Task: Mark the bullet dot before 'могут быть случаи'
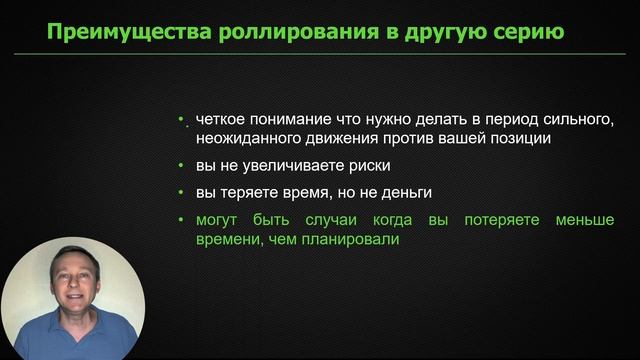(182, 219)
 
